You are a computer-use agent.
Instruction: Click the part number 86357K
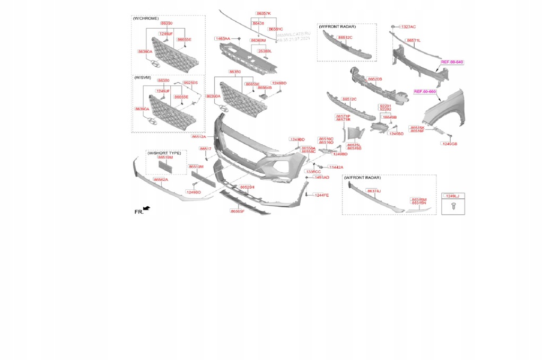pos(263,13)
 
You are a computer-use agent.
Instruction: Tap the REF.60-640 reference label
pos(452,62)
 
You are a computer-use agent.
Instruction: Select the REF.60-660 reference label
pos(425,92)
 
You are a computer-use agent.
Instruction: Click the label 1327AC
pos(408,27)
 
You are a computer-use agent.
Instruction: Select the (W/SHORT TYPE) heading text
pos(165,153)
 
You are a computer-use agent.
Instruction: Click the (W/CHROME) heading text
pos(146,19)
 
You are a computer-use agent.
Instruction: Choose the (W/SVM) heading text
pos(143,77)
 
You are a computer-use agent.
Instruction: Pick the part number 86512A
pos(199,136)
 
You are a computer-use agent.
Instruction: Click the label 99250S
pos(190,83)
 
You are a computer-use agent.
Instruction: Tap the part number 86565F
pos(237,211)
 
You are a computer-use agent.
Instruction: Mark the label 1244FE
pos(321,195)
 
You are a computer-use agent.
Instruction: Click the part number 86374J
pos(374,191)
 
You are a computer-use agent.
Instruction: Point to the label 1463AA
pos(223,39)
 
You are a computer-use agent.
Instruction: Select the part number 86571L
pos(413,40)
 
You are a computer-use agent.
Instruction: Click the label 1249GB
pos(450,144)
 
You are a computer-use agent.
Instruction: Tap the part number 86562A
pos(161,180)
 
